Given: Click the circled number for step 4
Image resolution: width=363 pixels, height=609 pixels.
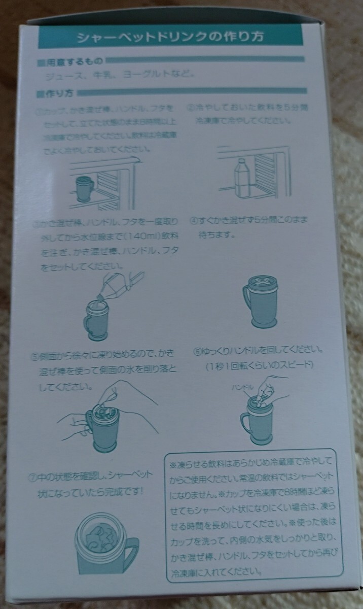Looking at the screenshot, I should pos(193,221).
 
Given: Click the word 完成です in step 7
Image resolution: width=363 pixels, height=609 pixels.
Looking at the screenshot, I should pos(123,492).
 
